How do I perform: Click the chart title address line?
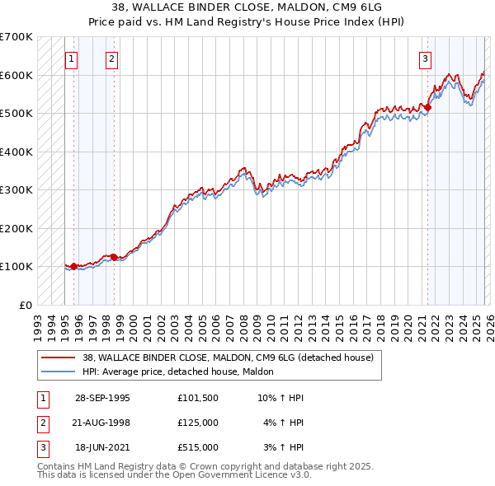pyautogui.click(x=247, y=7)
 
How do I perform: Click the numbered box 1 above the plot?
pyautogui.click(x=72, y=58)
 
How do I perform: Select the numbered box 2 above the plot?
pyautogui.click(x=111, y=58)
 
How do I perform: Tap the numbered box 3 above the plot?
pyautogui.click(x=425, y=58)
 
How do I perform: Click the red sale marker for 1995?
pyautogui.click(x=74, y=266)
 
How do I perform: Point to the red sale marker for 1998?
pyautogui.click(x=114, y=257)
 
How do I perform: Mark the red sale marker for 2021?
pyautogui.click(x=427, y=107)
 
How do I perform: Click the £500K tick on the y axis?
pyautogui.click(x=16, y=114)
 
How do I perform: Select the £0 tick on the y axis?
pyautogui.click(x=25, y=305)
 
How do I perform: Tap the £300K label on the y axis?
pyautogui.click(x=16, y=190)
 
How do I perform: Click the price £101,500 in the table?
pyautogui.click(x=197, y=398)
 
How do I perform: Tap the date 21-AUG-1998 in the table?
pyautogui.click(x=102, y=423)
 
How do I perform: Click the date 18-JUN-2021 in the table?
pyautogui.click(x=102, y=447)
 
